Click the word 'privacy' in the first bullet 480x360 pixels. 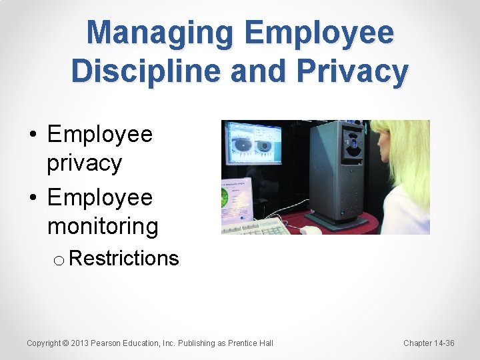84,163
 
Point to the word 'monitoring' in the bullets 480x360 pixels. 103,226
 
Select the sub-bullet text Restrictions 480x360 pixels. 123,258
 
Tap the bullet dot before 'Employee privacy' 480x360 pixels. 33,135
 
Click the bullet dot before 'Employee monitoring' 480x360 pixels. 33,198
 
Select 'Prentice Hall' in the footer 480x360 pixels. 250,343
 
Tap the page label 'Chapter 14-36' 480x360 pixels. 429,343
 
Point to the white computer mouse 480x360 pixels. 311,230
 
